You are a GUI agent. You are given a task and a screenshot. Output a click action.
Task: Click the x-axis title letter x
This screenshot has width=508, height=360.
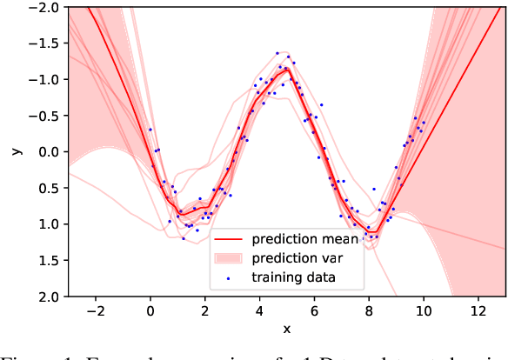click(286, 328)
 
